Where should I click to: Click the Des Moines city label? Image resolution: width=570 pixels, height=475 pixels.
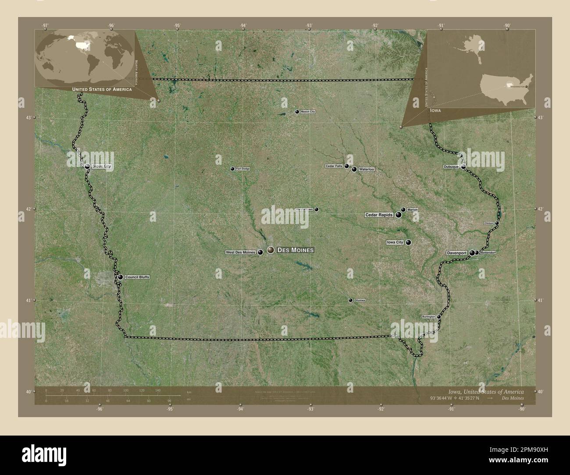point(296,250)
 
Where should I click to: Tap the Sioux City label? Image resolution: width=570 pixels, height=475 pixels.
point(101,167)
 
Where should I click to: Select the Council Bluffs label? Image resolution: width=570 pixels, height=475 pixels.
point(137,277)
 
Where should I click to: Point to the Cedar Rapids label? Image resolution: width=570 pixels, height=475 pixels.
point(379,215)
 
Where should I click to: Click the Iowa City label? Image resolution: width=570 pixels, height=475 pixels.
point(395,242)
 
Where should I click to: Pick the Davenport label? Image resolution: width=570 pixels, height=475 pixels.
point(456,253)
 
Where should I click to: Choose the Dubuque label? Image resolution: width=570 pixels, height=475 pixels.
point(451,167)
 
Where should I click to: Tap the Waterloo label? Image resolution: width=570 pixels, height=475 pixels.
point(367,169)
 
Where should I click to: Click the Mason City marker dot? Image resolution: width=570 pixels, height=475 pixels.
point(297,112)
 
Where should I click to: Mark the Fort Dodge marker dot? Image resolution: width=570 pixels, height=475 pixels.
point(232,169)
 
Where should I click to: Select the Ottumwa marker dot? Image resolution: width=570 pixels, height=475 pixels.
point(350,300)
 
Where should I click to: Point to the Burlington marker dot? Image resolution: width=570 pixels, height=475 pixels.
point(438,316)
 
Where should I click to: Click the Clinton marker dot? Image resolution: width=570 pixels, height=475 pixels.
point(497,223)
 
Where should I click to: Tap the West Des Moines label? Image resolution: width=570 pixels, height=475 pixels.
point(240,252)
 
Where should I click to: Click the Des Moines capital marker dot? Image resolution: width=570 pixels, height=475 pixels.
point(271,250)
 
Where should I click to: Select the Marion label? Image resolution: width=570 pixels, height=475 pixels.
point(412,210)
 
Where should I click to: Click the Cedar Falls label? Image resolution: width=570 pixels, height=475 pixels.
point(334,167)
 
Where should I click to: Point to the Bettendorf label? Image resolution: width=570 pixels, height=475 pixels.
point(488,253)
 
